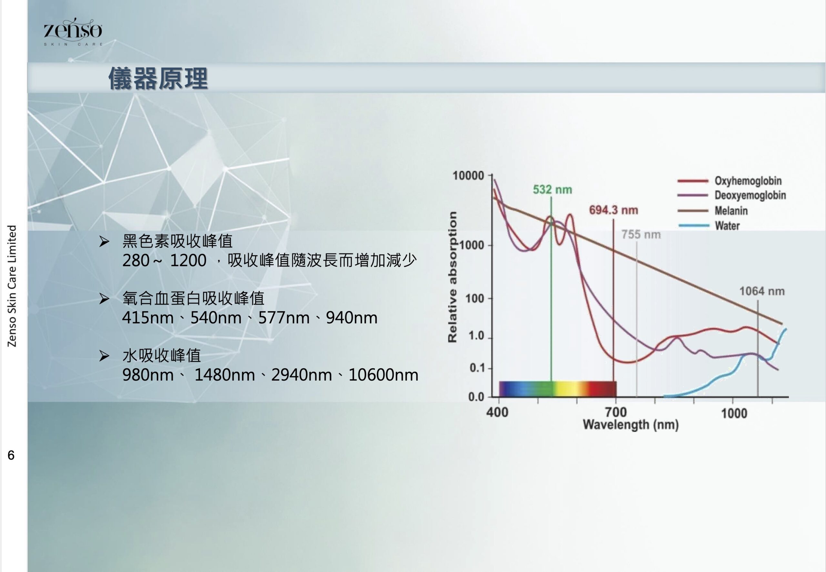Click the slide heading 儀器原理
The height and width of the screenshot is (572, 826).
[x=158, y=78]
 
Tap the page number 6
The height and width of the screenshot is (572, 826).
[x=11, y=455]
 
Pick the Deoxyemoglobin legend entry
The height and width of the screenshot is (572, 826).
[x=732, y=195]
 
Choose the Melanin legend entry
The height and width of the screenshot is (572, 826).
[x=713, y=210]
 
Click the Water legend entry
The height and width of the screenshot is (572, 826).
[x=709, y=225]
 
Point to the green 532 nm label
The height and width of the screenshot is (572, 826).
[x=552, y=189]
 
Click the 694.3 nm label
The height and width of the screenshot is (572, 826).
[x=614, y=210]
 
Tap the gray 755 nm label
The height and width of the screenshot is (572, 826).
[x=641, y=234]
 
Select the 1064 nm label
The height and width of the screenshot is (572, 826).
[x=762, y=291]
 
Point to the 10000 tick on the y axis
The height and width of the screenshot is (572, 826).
[x=468, y=176]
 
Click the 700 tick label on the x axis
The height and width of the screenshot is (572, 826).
[x=616, y=412]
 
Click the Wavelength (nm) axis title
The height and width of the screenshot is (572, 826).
[x=630, y=424]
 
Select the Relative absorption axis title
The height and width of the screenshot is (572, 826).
[x=452, y=277]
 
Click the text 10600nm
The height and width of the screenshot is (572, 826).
[x=383, y=375]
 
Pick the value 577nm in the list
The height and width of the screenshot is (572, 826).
[x=284, y=318]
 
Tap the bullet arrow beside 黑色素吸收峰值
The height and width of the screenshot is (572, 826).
[x=104, y=241]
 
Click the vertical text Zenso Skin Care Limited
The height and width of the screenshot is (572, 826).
[x=12, y=286]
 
